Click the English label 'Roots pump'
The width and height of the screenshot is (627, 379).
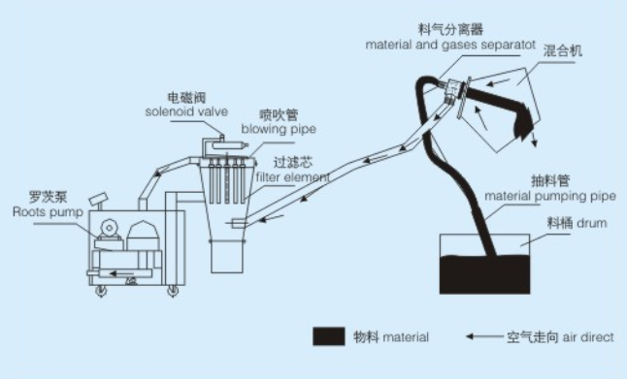click(48, 211)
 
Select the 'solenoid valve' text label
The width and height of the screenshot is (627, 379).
click(186, 111)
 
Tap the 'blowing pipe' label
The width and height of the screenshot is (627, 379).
click(279, 129)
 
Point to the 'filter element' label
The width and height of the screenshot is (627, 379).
click(293, 176)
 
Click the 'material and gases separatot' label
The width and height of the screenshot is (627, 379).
click(450, 45)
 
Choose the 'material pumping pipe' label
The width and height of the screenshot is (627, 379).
click(550, 196)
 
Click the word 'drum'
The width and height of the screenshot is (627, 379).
click(592, 223)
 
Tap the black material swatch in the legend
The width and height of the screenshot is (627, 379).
click(329, 336)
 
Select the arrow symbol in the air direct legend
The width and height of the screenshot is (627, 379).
click(484, 336)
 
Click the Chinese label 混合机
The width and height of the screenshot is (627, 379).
click(562, 50)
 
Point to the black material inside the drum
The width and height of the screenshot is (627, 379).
click(484, 274)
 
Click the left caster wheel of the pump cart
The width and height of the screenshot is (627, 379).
click(101, 292)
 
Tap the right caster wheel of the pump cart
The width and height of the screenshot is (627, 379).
click(173, 292)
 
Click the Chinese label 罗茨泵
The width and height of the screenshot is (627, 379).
click(48, 197)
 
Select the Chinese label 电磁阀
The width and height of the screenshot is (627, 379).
click(186, 98)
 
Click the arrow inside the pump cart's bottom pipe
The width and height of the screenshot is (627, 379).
click(121, 274)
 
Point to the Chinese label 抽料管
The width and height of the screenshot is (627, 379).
click(550, 181)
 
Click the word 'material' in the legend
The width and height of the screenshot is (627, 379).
click(406, 337)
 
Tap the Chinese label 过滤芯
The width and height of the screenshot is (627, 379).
click(293, 163)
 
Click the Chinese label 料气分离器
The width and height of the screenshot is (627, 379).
click(450, 29)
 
